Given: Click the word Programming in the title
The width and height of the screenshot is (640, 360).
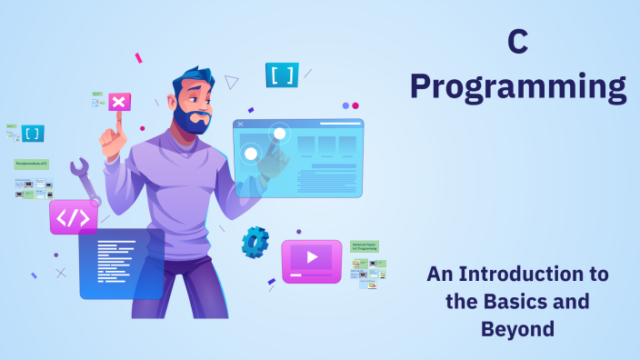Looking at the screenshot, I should coord(517,87).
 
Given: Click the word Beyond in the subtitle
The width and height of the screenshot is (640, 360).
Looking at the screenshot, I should coord(517,328).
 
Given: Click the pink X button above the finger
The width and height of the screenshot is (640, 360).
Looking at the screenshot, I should coord(118,101).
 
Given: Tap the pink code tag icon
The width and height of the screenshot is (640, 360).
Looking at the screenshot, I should coord(74,217).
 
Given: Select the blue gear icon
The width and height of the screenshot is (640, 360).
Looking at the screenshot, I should coord(255,242).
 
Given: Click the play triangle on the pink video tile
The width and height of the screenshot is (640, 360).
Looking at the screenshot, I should coord(312,257).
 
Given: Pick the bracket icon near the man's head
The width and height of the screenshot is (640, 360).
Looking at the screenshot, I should coord(282,75).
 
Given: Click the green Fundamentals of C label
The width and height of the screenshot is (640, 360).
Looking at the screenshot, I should coord(32,165).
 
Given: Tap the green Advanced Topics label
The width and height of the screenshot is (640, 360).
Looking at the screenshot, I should coord(365,246).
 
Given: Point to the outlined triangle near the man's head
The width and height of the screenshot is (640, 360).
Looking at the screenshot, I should coord(232,82).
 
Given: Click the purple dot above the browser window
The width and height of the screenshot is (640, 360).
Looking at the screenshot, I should coord(345,105).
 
